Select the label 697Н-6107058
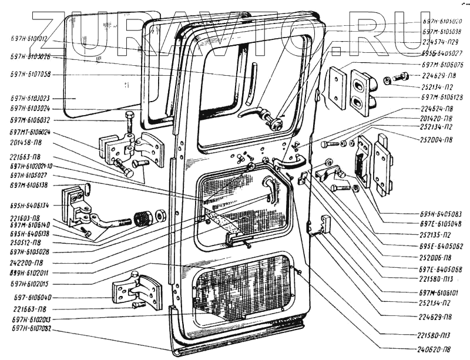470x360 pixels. [31, 75]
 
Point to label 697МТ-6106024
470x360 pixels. [31, 132]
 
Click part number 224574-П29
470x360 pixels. [441, 42]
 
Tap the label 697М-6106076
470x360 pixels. [442, 65]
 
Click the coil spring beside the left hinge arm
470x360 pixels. [143, 219]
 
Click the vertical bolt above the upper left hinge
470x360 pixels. [130, 122]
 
